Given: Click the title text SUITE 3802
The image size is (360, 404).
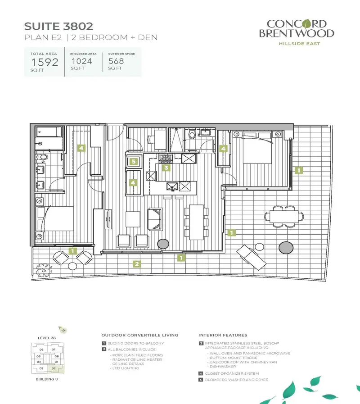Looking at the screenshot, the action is [x=58, y=26].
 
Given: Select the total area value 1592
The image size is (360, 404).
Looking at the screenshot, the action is [x=45, y=62].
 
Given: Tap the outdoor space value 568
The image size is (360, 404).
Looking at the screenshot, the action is [x=116, y=61].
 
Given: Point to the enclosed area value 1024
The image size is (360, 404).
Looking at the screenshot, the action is [x=81, y=61].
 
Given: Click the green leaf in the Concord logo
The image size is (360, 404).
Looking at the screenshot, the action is [x=306, y=24].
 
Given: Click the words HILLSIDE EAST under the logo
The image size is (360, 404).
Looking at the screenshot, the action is [x=299, y=44].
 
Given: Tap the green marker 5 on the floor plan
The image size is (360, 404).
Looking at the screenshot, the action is [x=133, y=162].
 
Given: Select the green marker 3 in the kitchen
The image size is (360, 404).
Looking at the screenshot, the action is [x=166, y=168].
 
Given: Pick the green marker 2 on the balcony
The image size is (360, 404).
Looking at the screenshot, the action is [x=137, y=264].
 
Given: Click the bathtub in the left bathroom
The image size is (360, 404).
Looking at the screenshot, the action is [x=49, y=132].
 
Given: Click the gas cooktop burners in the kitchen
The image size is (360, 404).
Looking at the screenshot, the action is [x=166, y=159].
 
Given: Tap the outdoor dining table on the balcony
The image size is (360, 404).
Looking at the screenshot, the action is [x=284, y=217].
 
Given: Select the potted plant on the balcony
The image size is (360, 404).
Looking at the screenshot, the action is [x=43, y=271].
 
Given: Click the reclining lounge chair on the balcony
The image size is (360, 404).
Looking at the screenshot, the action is [x=252, y=257].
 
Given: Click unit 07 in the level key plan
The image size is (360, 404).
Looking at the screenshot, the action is [x=54, y=350].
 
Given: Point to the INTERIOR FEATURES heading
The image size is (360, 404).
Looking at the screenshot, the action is [x=223, y=335].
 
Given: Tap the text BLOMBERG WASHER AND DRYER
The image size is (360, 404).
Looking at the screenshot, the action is [x=237, y=380].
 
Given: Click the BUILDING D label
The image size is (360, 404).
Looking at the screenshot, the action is [x=47, y=379].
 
